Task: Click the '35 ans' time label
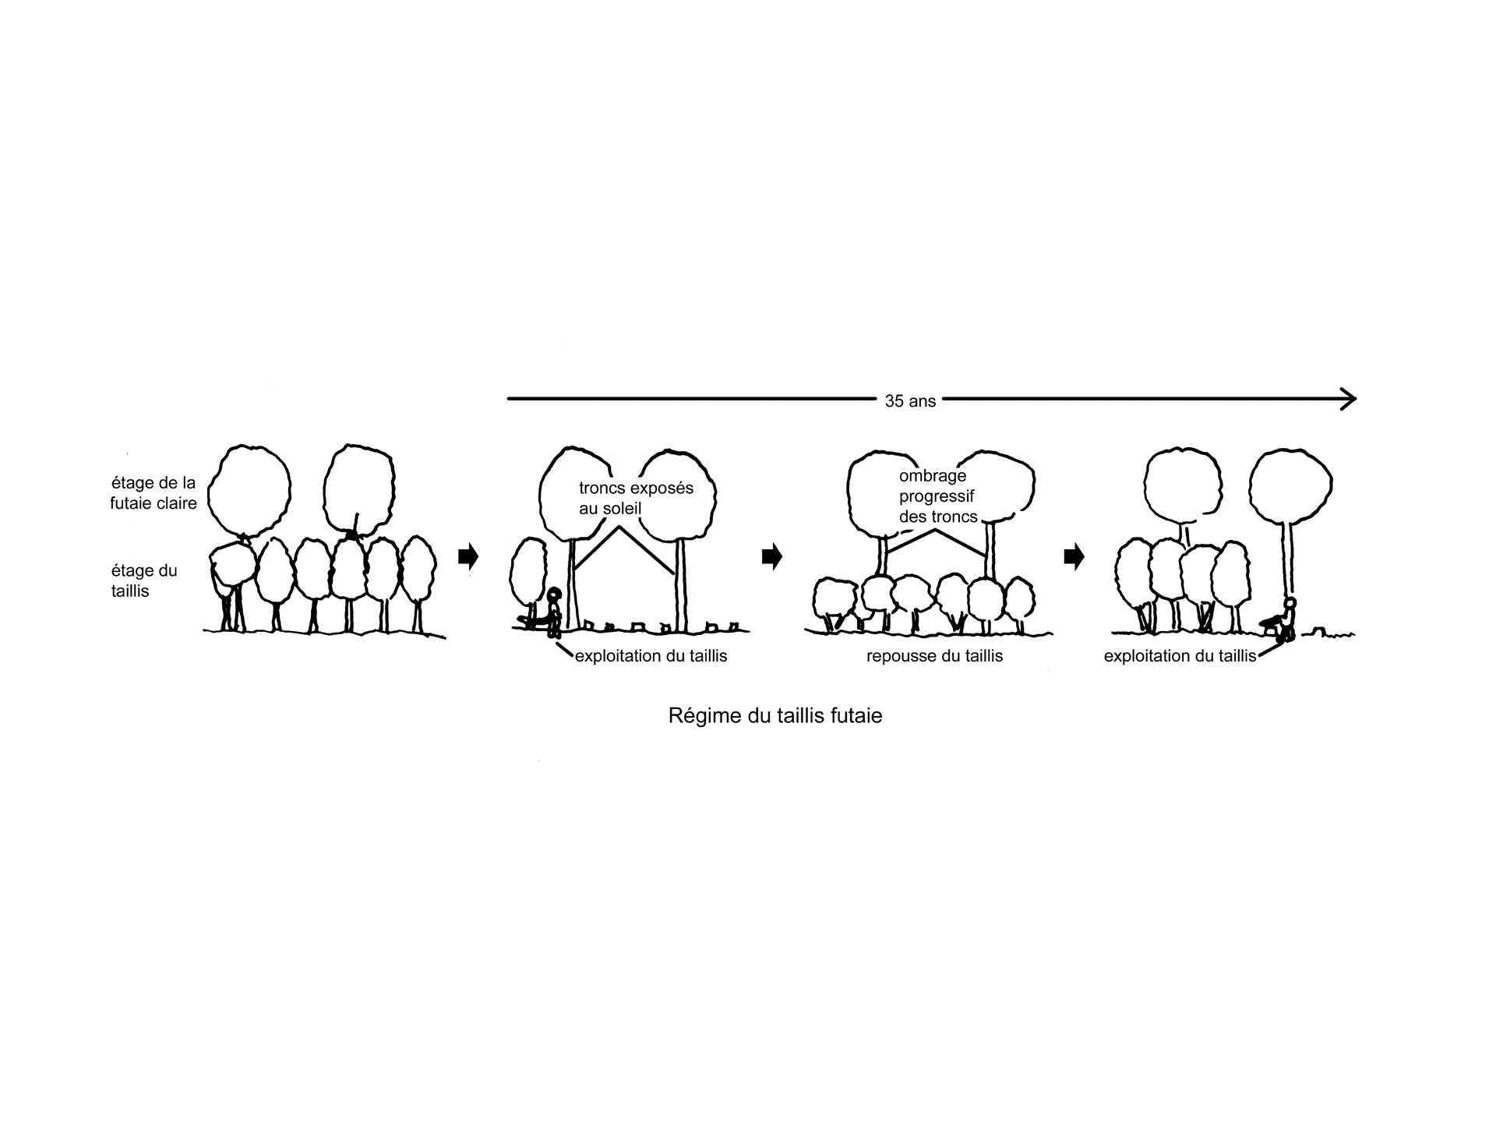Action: click(910, 401)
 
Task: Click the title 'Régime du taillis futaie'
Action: click(775, 715)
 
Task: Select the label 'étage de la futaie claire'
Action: click(153, 493)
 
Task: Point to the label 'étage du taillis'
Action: click(144, 580)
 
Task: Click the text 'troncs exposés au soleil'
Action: click(636, 499)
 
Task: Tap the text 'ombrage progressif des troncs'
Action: click(938, 496)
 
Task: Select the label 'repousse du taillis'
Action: click(934, 656)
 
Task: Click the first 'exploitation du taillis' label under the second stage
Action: click(651, 656)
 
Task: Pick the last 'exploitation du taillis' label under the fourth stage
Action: click(1180, 656)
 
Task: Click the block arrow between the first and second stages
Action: click(468, 556)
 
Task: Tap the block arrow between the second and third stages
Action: click(771, 556)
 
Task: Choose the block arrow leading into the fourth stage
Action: click(1074, 556)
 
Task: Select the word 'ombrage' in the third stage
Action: click(933, 476)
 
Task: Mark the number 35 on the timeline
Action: click(894, 401)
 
